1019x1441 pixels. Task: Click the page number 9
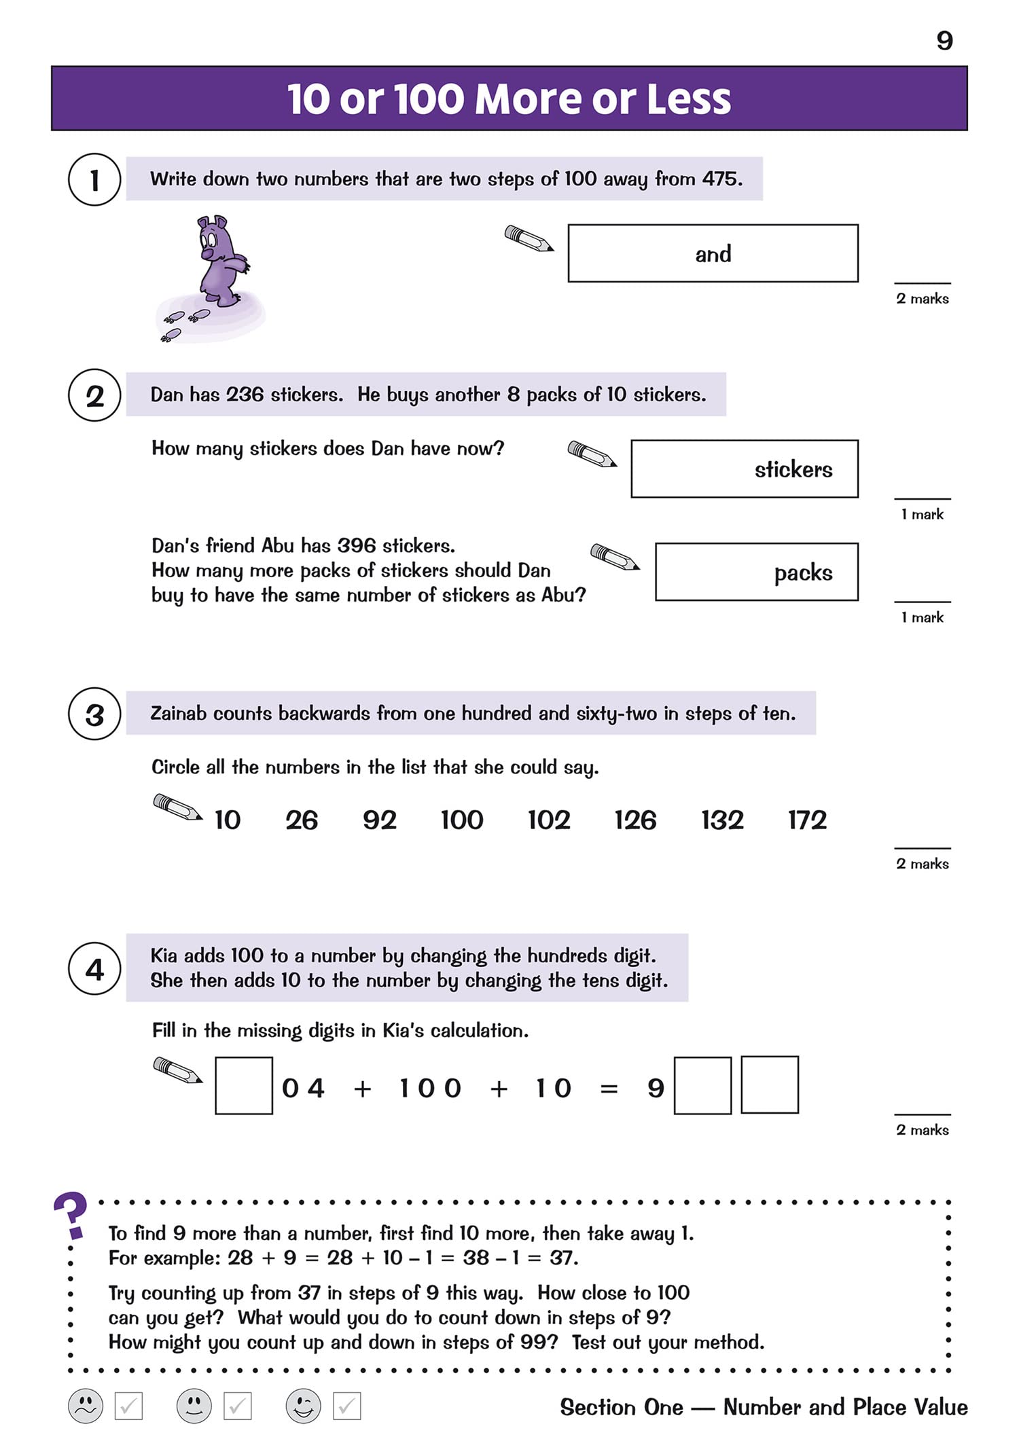[x=944, y=41]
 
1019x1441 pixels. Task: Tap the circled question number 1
[x=94, y=180]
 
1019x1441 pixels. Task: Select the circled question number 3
[x=94, y=714]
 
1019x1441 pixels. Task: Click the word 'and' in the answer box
[x=713, y=254]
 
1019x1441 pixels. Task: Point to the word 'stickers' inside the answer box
[x=793, y=469]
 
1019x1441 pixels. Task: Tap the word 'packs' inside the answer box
[x=803, y=572]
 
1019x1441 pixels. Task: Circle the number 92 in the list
[x=379, y=820]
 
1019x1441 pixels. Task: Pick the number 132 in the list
[x=722, y=820]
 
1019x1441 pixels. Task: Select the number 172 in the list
[x=807, y=820]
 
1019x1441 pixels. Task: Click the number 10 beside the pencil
[x=228, y=820]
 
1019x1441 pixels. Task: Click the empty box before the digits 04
[x=244, y=1085]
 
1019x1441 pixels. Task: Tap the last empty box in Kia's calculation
[x=769, y=1084]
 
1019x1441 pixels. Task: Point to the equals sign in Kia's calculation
[x=609, y=1089]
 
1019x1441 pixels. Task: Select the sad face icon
[x=86, y=1406]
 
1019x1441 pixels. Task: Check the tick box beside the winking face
[x=346, y=1406]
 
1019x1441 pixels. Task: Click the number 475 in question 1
[x=720, y=179]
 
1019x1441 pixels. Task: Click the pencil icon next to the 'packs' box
[x=615, y=557]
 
